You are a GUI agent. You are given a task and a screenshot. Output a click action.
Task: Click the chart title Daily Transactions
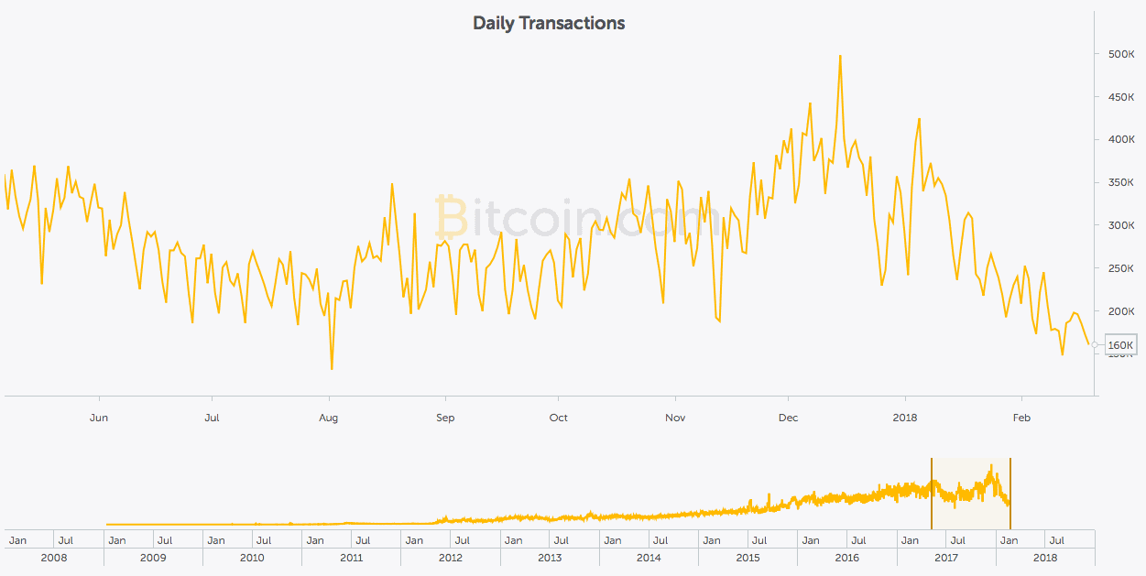click(x=549, y=23)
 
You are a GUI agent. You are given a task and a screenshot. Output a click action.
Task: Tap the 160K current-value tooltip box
click(x=1120, y=345)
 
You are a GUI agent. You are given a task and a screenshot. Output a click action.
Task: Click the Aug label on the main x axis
click(x=328, y=418)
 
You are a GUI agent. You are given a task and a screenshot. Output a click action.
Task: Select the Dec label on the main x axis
click(x=788, y=418)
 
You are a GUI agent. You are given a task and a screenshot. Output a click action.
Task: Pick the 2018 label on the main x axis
click(x=905, y=418)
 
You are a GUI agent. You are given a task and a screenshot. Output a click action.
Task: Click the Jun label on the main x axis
click(x=99, y=418)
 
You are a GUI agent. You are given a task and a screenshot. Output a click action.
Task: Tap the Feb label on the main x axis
click(x=1021, y=418)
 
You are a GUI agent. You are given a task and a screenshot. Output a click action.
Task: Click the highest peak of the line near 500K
click(x=840, y=56)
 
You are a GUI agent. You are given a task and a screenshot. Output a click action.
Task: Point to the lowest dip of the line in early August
click(x=331, y=368)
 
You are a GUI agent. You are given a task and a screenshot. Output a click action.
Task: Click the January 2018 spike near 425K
click(x=919, y=119)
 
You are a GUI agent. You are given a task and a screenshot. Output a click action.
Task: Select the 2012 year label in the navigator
click(x=450, y=557)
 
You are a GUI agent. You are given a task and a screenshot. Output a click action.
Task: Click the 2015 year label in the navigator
click(x=748, y=557)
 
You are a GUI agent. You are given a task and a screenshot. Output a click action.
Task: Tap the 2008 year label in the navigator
click(x=53, y=557)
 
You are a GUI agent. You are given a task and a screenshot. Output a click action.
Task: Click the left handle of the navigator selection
click(x=932, y=494)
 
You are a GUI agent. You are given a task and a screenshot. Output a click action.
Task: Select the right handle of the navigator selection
click(x=1010, y=494)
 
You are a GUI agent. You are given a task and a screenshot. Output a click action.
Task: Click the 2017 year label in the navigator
click(x=946, y=557)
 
